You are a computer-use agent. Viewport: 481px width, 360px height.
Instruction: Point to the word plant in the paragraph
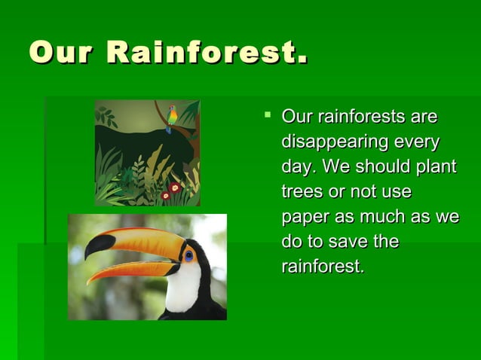tap(437, 166)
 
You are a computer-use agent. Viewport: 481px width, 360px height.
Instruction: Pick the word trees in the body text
tap(301, 191)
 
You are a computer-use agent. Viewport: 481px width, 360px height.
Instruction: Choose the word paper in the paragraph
tap(304, 217)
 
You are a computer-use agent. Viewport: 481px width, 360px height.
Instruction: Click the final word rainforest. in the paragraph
tap(323, 267)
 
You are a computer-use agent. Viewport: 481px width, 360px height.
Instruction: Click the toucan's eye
tap(188, 255)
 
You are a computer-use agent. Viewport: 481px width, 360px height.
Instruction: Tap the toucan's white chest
tap(182, 290)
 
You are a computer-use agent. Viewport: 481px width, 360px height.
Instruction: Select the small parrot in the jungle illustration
tap(172, 117)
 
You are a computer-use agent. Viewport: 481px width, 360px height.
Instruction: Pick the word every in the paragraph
tap(417, 142)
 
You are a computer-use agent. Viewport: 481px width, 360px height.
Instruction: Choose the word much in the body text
tap(377, 217)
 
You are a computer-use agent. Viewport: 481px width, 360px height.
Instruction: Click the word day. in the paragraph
tap(297, 166)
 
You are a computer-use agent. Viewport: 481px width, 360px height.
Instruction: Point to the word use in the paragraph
tap(395, 191)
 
